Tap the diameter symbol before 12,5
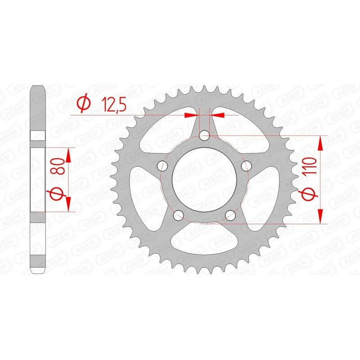(83, 104)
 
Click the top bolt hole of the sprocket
(204, 135)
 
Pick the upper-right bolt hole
(246, 166)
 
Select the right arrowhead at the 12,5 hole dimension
(217, 115)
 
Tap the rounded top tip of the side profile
(38, 86)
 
